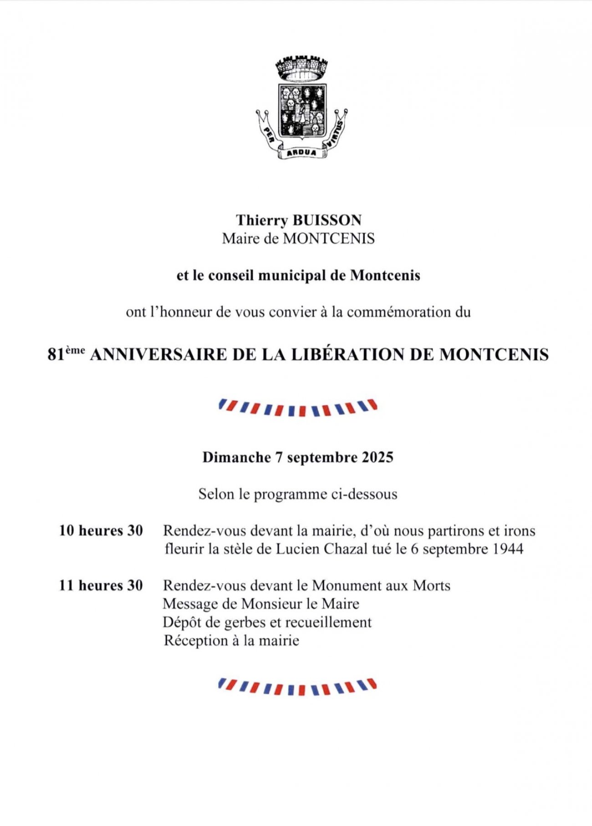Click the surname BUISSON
(327, 220)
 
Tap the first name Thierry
(262, 220)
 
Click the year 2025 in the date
(378, 457)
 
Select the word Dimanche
(236, 457)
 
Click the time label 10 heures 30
(101, 530)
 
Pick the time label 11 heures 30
(101, 585)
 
